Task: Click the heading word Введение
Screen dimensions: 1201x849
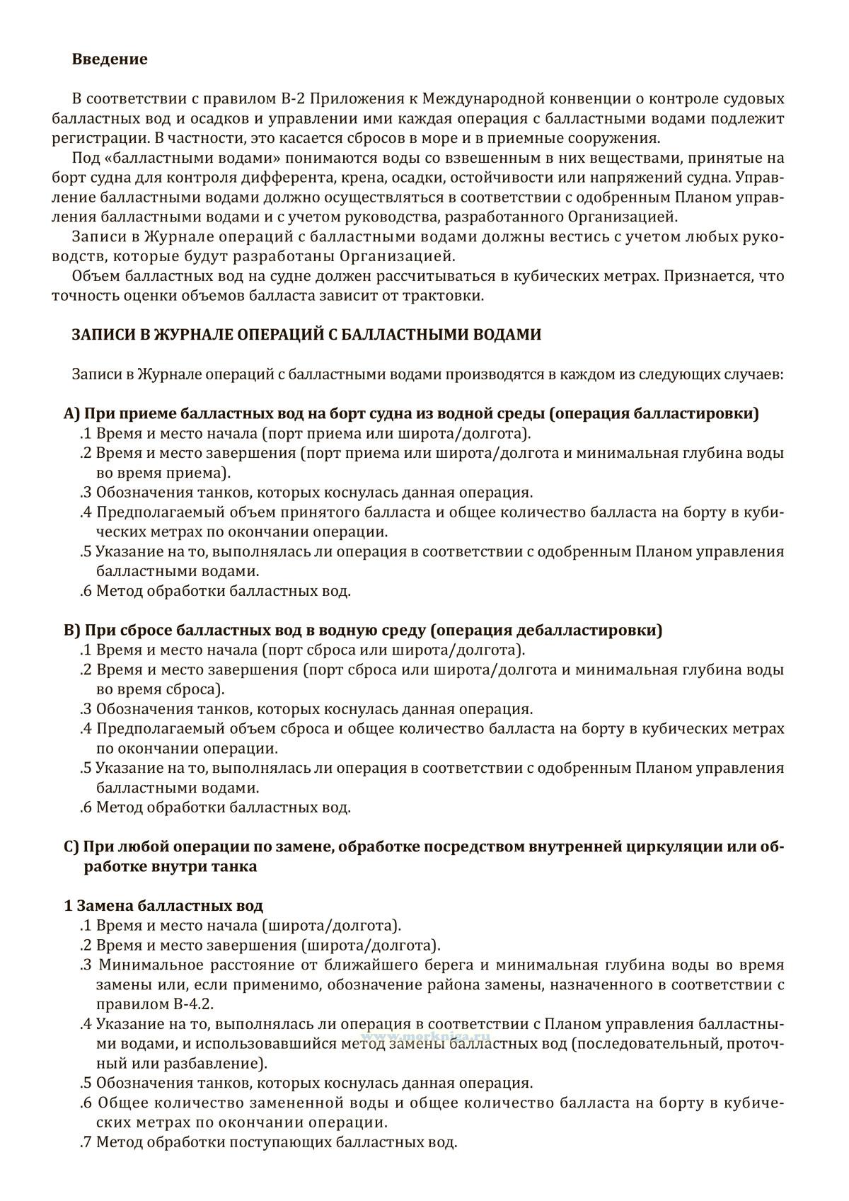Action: (110, 59)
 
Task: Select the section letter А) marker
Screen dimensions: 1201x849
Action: (73, 414)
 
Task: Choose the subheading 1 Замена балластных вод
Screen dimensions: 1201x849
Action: (163, 906)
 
